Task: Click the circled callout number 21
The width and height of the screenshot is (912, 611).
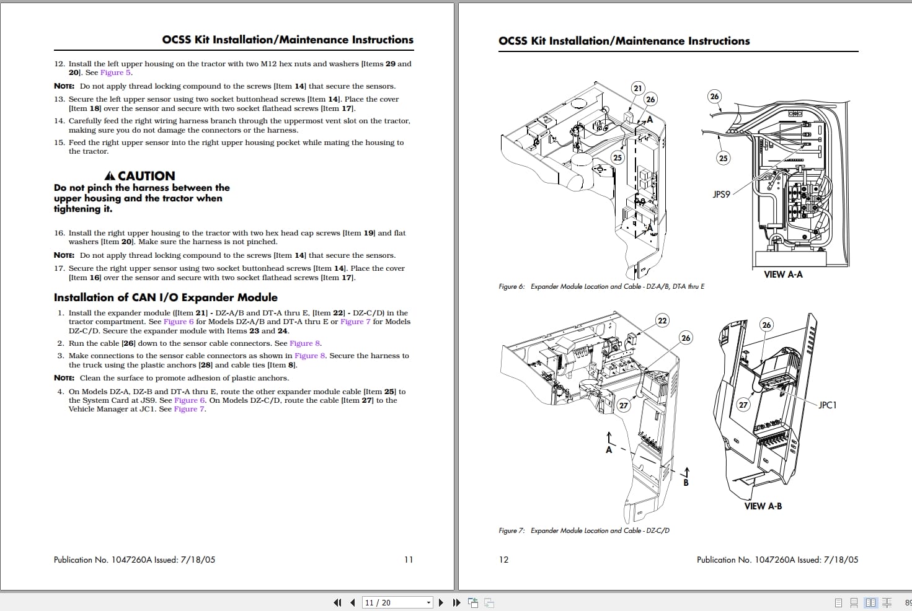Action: click(x=637, y=88)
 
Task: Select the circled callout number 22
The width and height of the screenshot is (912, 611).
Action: click(x=662, y=320)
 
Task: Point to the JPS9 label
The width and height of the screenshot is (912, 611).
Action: click(x=721, y=195)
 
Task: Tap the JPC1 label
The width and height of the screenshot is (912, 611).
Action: click(x=827, y=405)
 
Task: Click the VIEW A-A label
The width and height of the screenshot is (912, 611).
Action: click(x=782, y=275)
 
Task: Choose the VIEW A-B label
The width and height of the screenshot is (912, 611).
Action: click(x=763, y=506)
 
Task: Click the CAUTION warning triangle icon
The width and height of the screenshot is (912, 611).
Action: click(x=110, y=176)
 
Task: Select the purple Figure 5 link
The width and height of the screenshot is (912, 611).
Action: click(x=115, y=73)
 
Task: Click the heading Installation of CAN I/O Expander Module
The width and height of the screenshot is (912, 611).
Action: click(x=166, y=297)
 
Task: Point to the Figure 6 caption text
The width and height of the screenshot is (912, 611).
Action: click(x=601, y=286)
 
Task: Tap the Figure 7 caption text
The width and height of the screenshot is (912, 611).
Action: click(x=583, y=530)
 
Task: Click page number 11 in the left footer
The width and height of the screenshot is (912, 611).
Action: click(x=408, y=560)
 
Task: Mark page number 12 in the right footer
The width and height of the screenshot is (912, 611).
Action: click(x=503, y=560)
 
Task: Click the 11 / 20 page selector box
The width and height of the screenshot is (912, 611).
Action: click(x=397, y=602)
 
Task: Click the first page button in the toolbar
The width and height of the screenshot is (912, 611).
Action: click(x=337, y=602)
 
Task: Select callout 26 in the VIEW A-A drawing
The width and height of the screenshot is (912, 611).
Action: click(x=714, y=96)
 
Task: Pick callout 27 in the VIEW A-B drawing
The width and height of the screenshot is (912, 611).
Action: click(x=743, y=405)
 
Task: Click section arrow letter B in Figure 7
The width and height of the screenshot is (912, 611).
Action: click(x=686, y=483)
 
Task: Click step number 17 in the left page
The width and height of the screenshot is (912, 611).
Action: click(x=59, y=268)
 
